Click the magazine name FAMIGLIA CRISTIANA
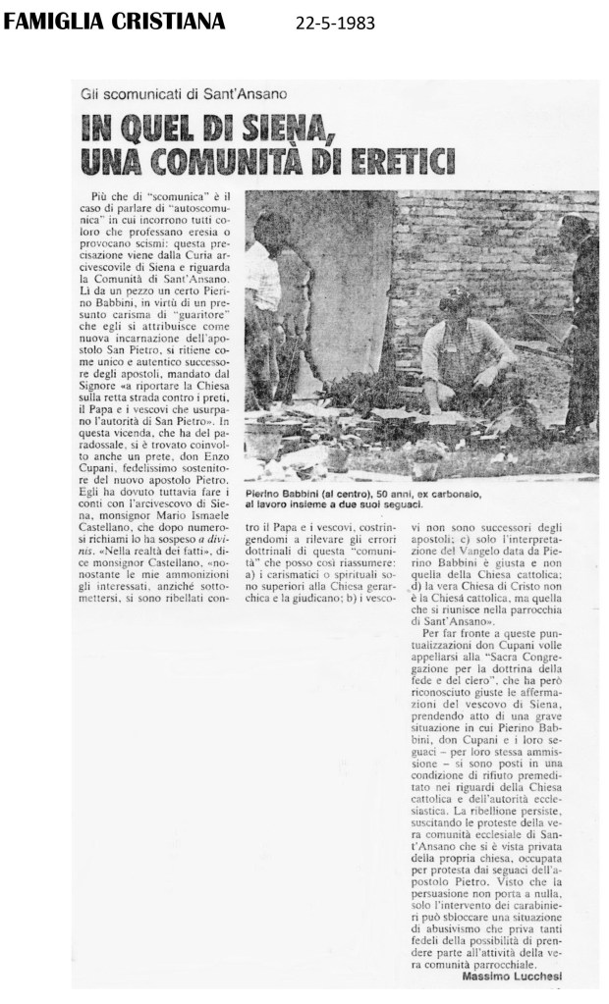pos(114,21)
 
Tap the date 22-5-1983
pos(335,23)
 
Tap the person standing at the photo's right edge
pos(582,324)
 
